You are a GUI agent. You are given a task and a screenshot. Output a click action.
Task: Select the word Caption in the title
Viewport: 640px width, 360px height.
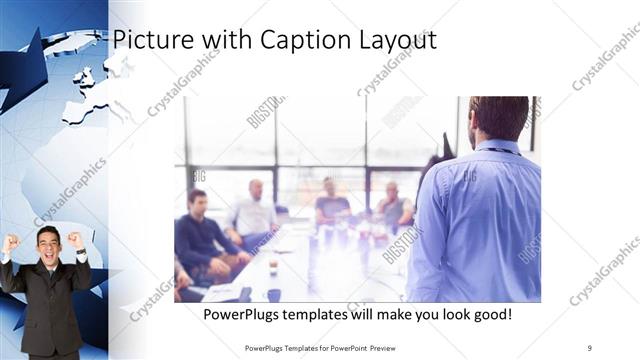[298, 39]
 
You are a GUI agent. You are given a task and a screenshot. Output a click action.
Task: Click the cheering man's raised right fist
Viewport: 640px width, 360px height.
[13, 243]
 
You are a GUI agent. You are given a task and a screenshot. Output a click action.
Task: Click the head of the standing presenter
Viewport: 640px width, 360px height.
[497, 118]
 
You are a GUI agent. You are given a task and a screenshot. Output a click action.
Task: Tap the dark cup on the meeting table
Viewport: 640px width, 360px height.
[273, 294]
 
